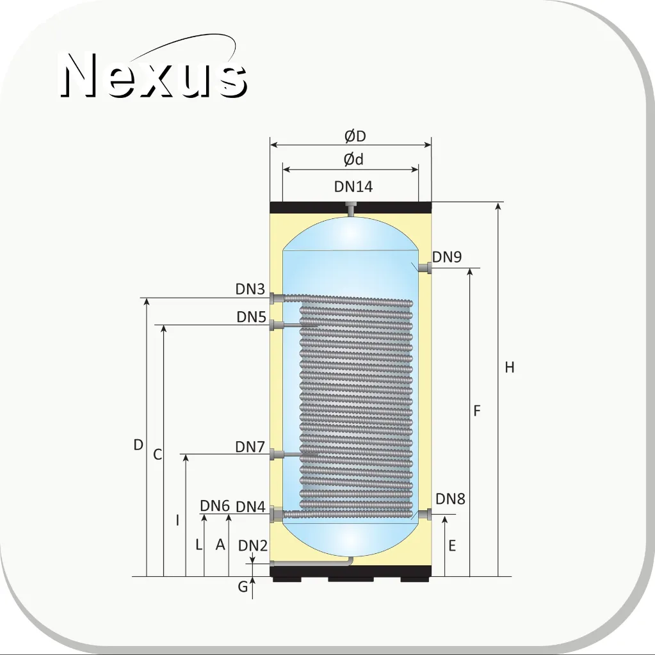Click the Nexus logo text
click(x=153, y=75)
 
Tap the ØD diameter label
click(x=355, y=136)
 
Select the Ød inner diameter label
click(x=353, y=159)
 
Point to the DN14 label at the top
click(x=353, y=186)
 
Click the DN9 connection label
click(x=447, y=257)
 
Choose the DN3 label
click(x=250, y=289)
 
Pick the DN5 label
click(x=252, y=317)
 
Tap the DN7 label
click(x=250, y=446)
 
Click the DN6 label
click(x=214, y=505)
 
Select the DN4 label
click(x=250, y=506)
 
